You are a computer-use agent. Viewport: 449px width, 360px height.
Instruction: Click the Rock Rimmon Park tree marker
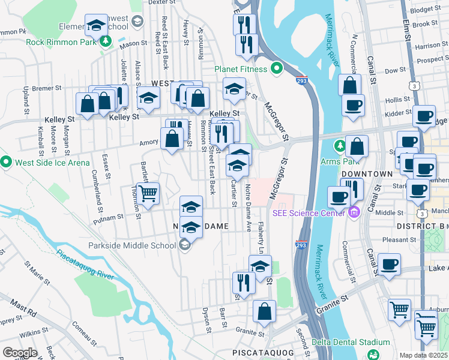tap(106, 41)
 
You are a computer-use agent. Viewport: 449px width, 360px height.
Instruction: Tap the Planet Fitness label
tap(241, 69)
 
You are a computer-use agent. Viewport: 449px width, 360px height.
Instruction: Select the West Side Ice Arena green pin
tap(6, 162)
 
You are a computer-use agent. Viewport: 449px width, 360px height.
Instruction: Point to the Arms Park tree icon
tap(340, 146)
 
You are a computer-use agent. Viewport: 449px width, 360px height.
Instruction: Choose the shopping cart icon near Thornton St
tap(148, 193)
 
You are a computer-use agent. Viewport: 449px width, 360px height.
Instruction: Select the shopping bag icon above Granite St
tap(264, 311)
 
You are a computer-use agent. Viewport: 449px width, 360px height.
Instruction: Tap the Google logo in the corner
tap(20, 353)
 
